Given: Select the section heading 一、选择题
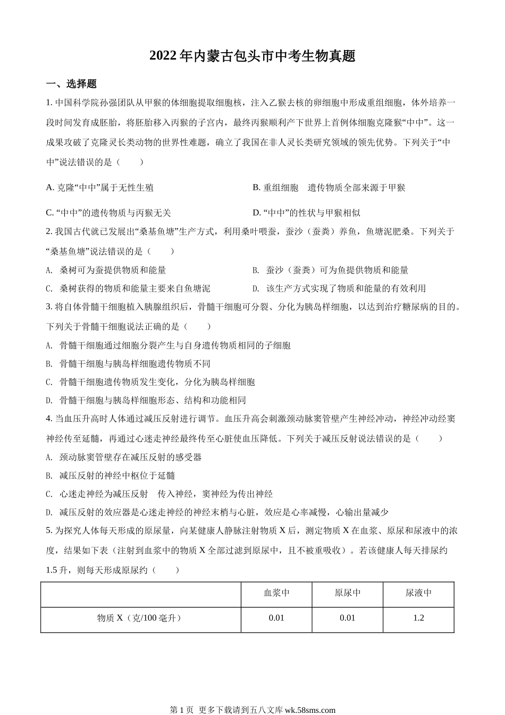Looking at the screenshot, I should coord(71,84).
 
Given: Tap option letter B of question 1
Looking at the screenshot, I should coord(256,187).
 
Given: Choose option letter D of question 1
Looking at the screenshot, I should coord(256,213).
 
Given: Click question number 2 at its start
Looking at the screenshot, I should coord(49,231).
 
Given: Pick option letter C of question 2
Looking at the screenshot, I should coord(49,289).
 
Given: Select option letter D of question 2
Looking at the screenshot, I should coord(256,289).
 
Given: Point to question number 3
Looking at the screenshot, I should coord(49,306).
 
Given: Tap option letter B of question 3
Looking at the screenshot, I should coord(49,364).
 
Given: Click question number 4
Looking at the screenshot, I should coord(49,419).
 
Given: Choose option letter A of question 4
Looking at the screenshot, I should coord(49,457).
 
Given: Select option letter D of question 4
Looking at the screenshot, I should coord(49,513).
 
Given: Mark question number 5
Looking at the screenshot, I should coord(49,530).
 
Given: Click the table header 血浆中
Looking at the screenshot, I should coord(276,593).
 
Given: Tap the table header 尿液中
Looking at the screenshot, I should coord(418,593).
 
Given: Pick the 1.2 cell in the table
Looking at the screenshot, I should coord(418,618).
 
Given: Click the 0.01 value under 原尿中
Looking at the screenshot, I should coord(347,618).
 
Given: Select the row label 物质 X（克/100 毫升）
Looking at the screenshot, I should coord(140,618).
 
